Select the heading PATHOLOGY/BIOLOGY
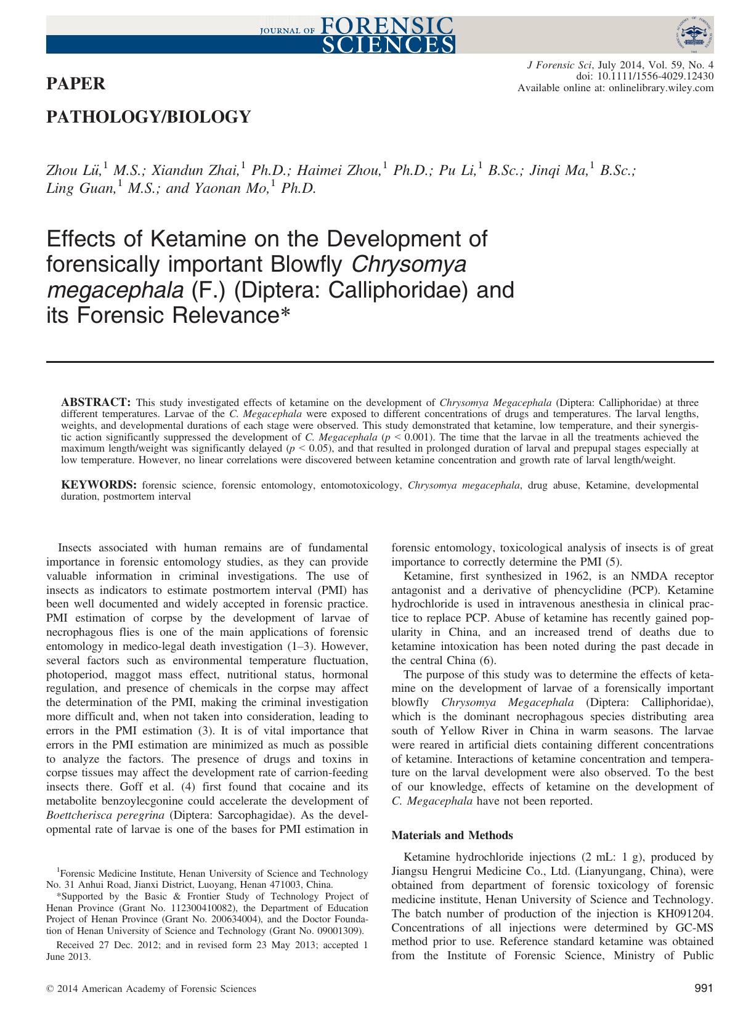tap(148, 117)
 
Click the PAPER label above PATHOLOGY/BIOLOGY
tap(76, 83)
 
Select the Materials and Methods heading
tap(452, 835)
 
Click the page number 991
tap(703, 989)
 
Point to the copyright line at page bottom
tap(151, 989)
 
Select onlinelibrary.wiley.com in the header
tap(661, 88)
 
